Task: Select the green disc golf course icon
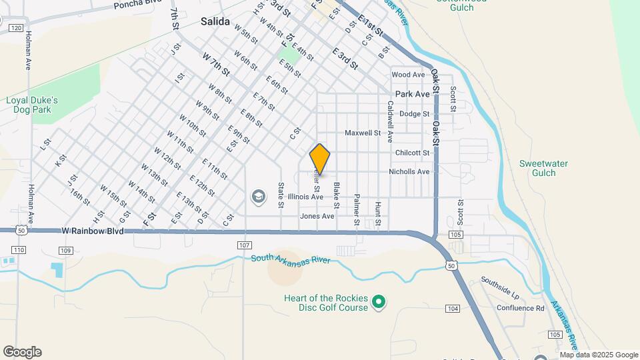point(379,303)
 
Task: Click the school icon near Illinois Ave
point(258,197)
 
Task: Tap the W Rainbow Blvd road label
point(93,231)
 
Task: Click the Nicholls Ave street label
point(409,172)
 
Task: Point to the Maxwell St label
point(362,133)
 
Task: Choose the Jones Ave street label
point(317,217)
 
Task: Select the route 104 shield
point(453,308)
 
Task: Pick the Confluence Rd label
point(520,308)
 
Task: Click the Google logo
point(22,352)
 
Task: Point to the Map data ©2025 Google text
point(599,355)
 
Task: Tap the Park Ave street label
point(413,95)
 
